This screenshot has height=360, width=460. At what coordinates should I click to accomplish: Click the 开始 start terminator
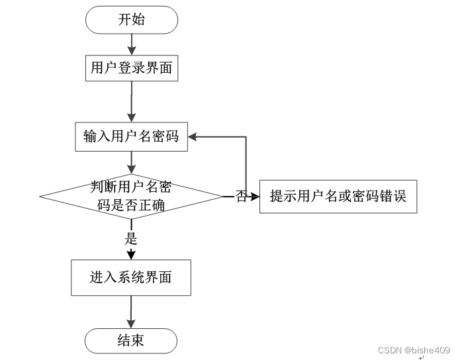(132, 20)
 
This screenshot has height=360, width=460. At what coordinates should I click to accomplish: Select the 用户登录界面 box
(132, 67)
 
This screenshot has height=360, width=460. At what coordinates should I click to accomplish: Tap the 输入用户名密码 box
(132, 136)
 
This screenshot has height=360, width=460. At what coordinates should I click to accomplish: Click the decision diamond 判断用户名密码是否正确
(132, 197)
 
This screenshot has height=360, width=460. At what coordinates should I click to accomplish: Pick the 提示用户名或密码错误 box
(338, 197)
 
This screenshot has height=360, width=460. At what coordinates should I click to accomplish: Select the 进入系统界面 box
(131, 277)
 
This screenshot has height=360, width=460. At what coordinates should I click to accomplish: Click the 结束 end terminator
(131, 341)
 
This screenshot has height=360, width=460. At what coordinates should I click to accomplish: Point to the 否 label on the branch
(241, 197)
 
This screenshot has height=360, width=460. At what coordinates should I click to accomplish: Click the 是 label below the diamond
(131, 238)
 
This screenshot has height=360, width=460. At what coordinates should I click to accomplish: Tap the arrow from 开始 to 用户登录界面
(132, 44)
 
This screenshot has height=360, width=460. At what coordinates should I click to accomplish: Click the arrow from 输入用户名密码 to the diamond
(132, 161)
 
